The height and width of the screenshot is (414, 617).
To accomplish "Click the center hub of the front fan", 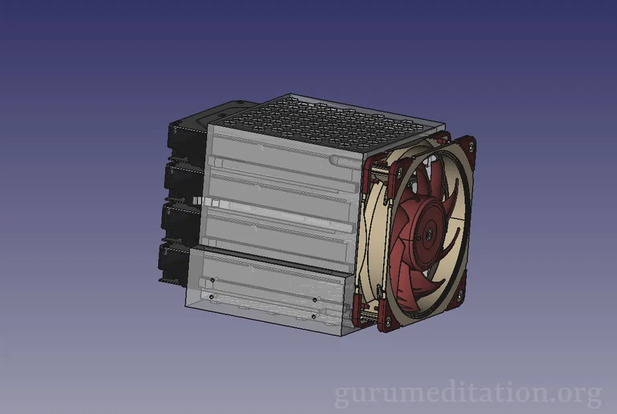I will point(430,233).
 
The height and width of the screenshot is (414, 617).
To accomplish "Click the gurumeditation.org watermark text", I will point(468,394).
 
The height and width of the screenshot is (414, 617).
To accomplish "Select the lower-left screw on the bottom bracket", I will point(211,297).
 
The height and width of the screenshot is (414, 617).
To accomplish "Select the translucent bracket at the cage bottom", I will point(265,291).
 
